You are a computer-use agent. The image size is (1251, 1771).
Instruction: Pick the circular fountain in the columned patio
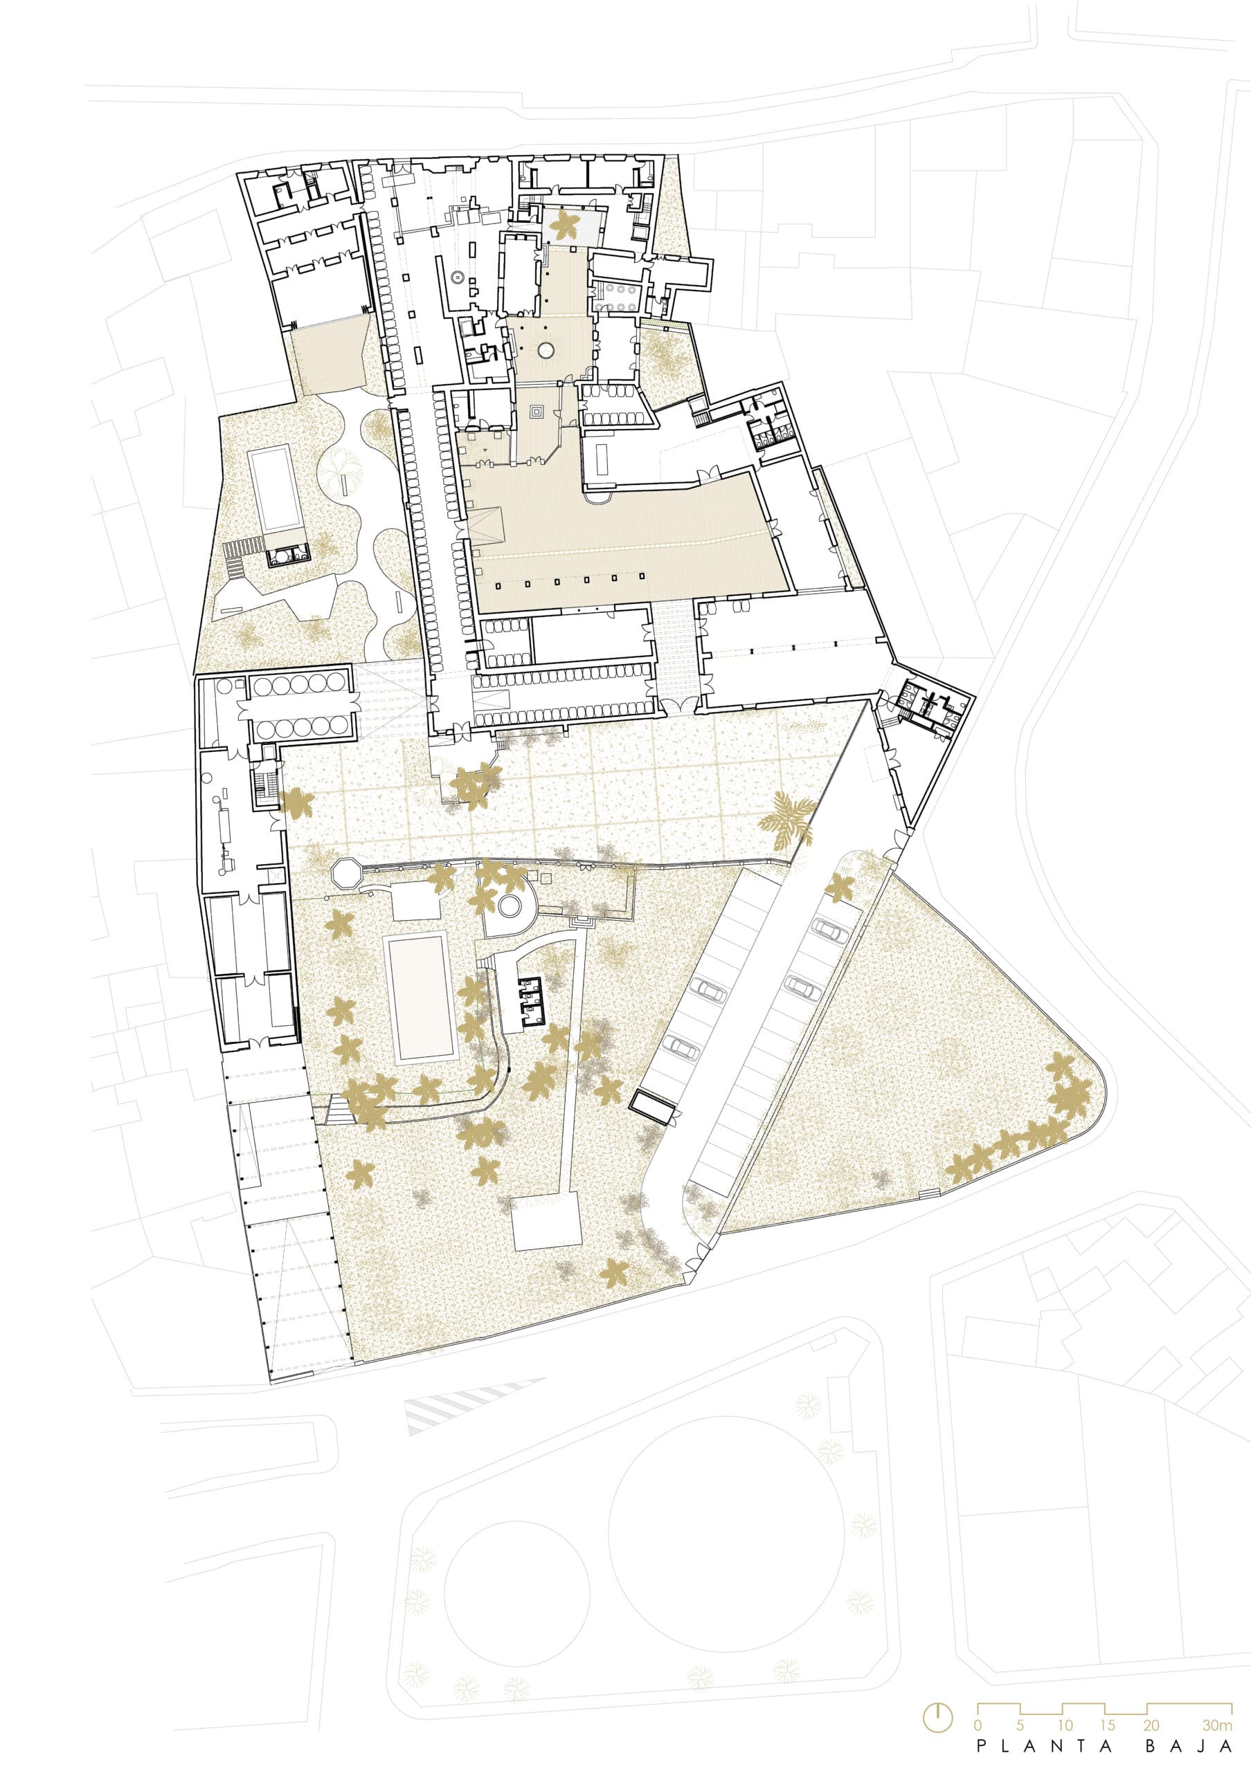tap(546, 351)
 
